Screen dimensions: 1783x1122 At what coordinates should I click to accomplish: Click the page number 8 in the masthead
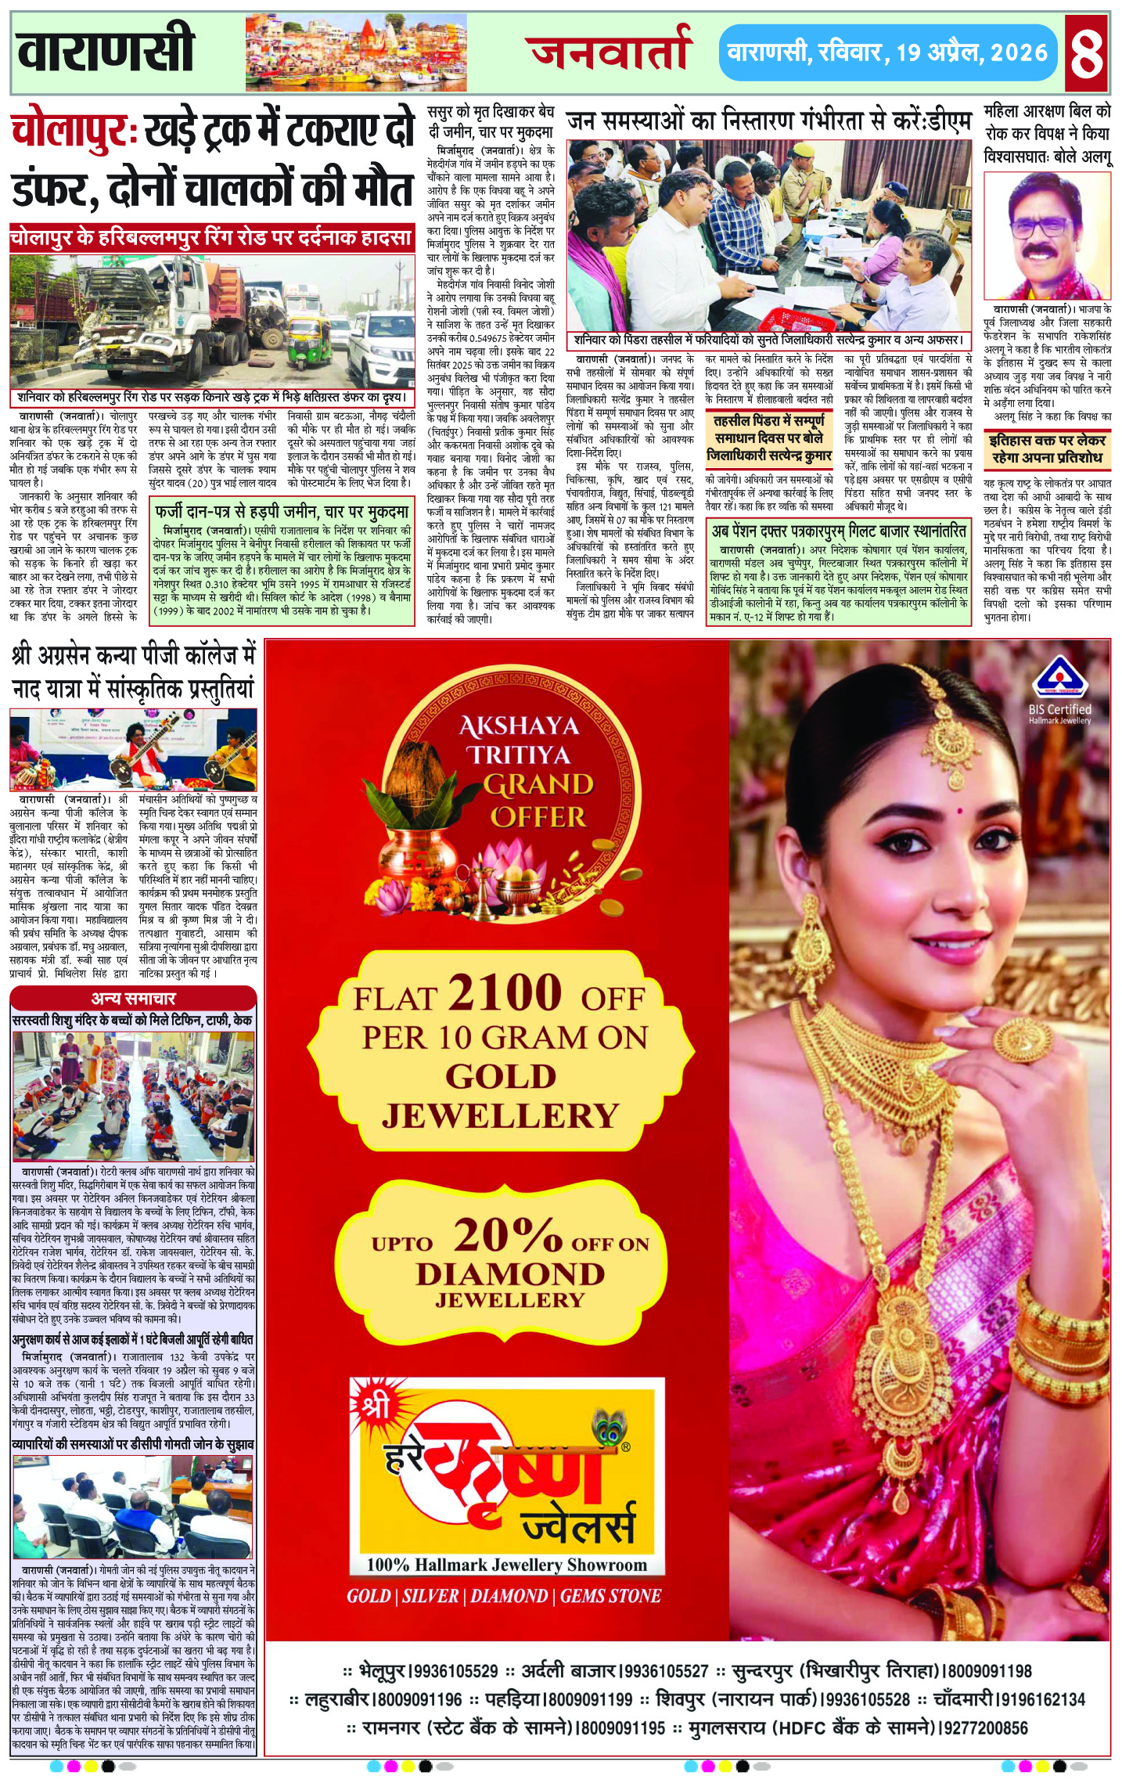(1087, 52)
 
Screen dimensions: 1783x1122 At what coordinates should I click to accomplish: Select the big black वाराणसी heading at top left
(106, 49)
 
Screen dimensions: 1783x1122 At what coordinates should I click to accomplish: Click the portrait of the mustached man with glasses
(1046, 237)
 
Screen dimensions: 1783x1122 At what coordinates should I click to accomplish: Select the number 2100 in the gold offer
(505, 992)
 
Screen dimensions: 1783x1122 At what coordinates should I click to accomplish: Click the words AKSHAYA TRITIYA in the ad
(520, 740)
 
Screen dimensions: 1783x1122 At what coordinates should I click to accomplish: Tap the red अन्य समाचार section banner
(133, 998)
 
